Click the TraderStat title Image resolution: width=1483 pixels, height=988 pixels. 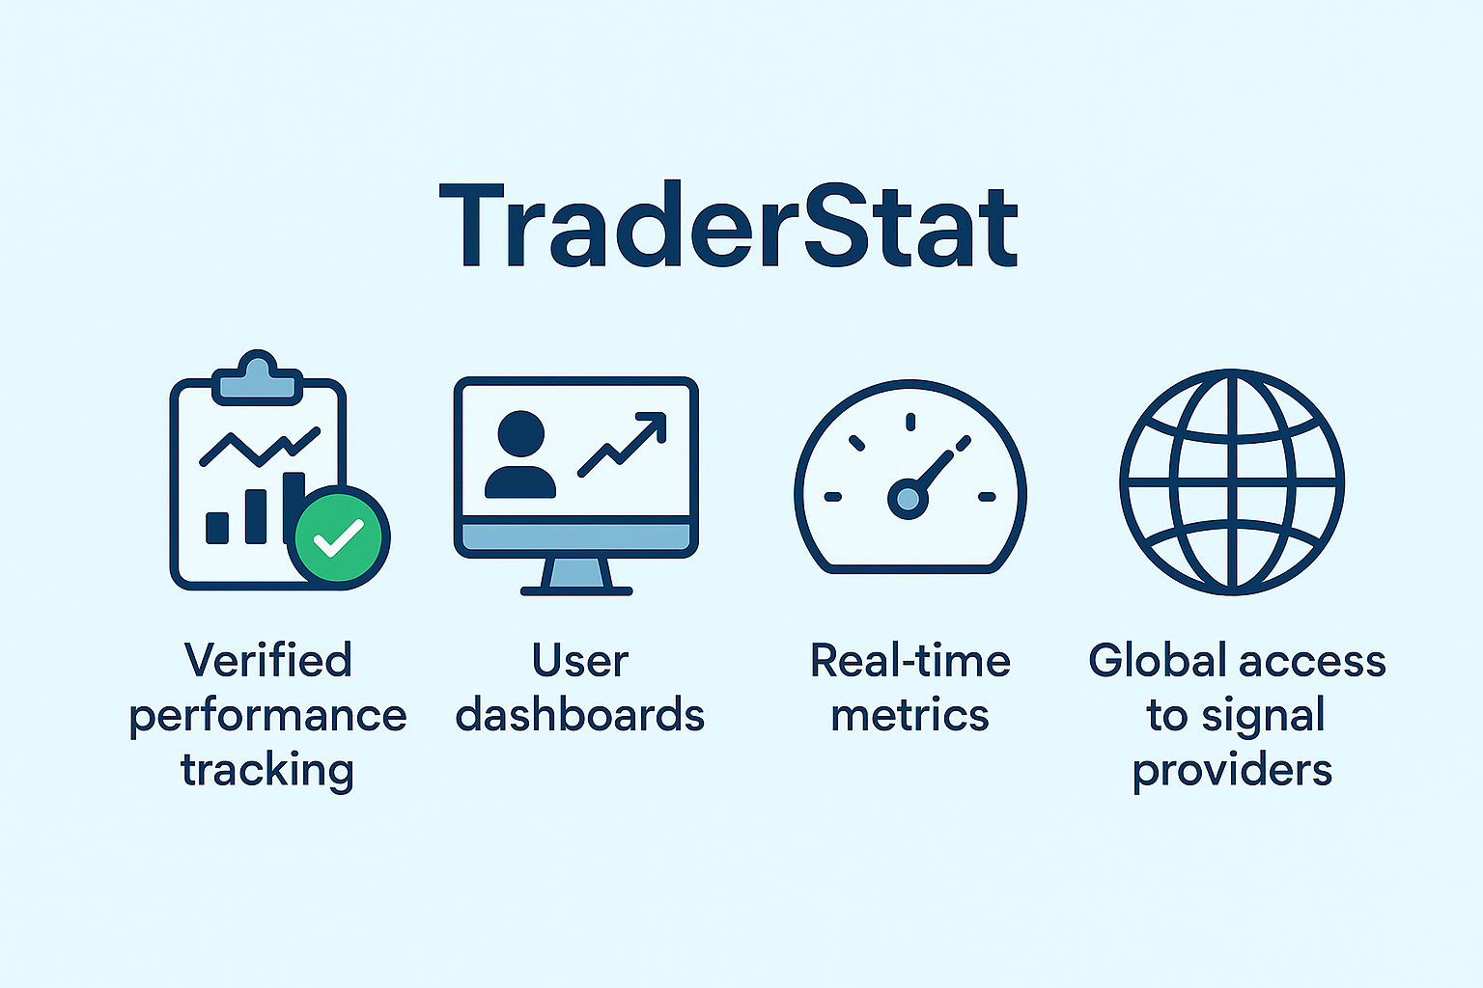coord(729,225)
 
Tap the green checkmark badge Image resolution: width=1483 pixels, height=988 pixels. coord(338,537)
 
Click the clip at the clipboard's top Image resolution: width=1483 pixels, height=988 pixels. coord(257,378)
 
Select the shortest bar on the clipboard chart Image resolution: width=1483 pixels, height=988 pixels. coord(217,528)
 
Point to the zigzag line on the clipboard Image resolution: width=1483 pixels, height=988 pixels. coord(260,447)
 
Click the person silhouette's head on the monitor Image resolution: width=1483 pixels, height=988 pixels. coord(521,434)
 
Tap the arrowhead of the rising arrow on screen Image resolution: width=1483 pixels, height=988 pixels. coord(652,426)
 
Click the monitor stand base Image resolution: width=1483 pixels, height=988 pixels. coord(576,590)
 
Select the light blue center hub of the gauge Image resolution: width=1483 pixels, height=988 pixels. coord(908,499)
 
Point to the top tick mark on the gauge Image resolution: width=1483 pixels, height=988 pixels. coord(910,422)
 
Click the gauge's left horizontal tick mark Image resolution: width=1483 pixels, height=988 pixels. coord(833,496)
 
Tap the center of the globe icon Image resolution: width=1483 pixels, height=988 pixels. coord(1232,482)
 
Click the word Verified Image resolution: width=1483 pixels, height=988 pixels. coord(268,660)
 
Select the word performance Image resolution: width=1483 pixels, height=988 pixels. coord(267,717)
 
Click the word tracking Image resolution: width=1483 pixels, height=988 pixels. coord(267,771)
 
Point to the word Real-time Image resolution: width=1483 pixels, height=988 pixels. coord(910,660)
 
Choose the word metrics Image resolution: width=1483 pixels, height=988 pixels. coord(910,715)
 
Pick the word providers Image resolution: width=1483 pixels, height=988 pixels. coord(1232,771)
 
